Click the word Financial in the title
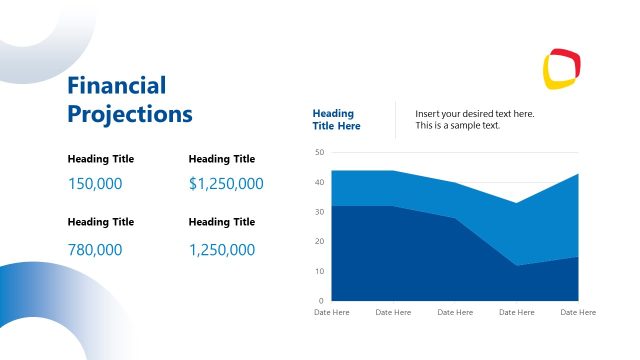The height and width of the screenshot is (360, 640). (x=117, y=86)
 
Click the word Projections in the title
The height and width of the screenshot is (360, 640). (x=130, y=114)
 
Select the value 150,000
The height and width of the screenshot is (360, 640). (x=95, y=184)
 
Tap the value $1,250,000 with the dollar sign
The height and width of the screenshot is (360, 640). (x=226, y=184)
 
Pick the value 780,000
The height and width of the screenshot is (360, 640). (x=95, y=250)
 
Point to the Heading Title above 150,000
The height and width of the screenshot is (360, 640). (x=101, y=159)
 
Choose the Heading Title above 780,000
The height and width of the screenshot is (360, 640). (x=101, y=222)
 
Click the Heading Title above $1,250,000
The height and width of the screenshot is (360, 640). (x=222, y=159)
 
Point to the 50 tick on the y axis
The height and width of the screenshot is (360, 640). (x=319, y=152)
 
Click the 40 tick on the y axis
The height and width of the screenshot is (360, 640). (x=319, y=182)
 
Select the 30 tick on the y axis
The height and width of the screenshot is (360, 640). (x=319, y=212)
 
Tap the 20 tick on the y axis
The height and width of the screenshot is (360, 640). (x=319, y=241)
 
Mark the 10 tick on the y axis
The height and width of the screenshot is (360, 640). (x=319, y=271)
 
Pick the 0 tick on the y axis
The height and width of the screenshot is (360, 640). (x=321, y=300)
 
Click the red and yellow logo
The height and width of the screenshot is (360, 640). (x=561, y=68)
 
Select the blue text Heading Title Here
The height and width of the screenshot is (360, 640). (x=337, y=120)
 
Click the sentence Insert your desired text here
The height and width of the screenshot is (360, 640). (x=475, y=114)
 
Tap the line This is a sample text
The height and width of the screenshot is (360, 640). (x=458, y=126)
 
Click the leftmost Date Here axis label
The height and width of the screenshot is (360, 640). (x=332, y=313)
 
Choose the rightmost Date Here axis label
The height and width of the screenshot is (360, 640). (x=578, y=313)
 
